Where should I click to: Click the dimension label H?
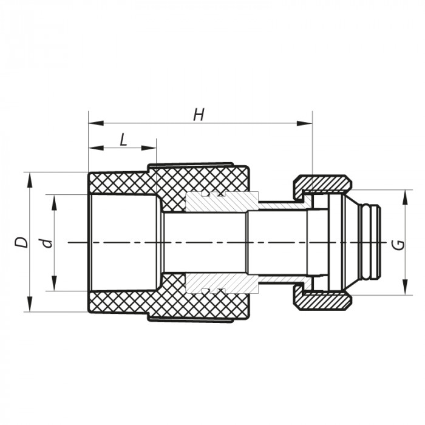[x=199, y=115]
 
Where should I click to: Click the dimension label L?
[x=123, y=140]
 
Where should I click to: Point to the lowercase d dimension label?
[x=47, y=243]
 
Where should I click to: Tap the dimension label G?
[x=398, y=244]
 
